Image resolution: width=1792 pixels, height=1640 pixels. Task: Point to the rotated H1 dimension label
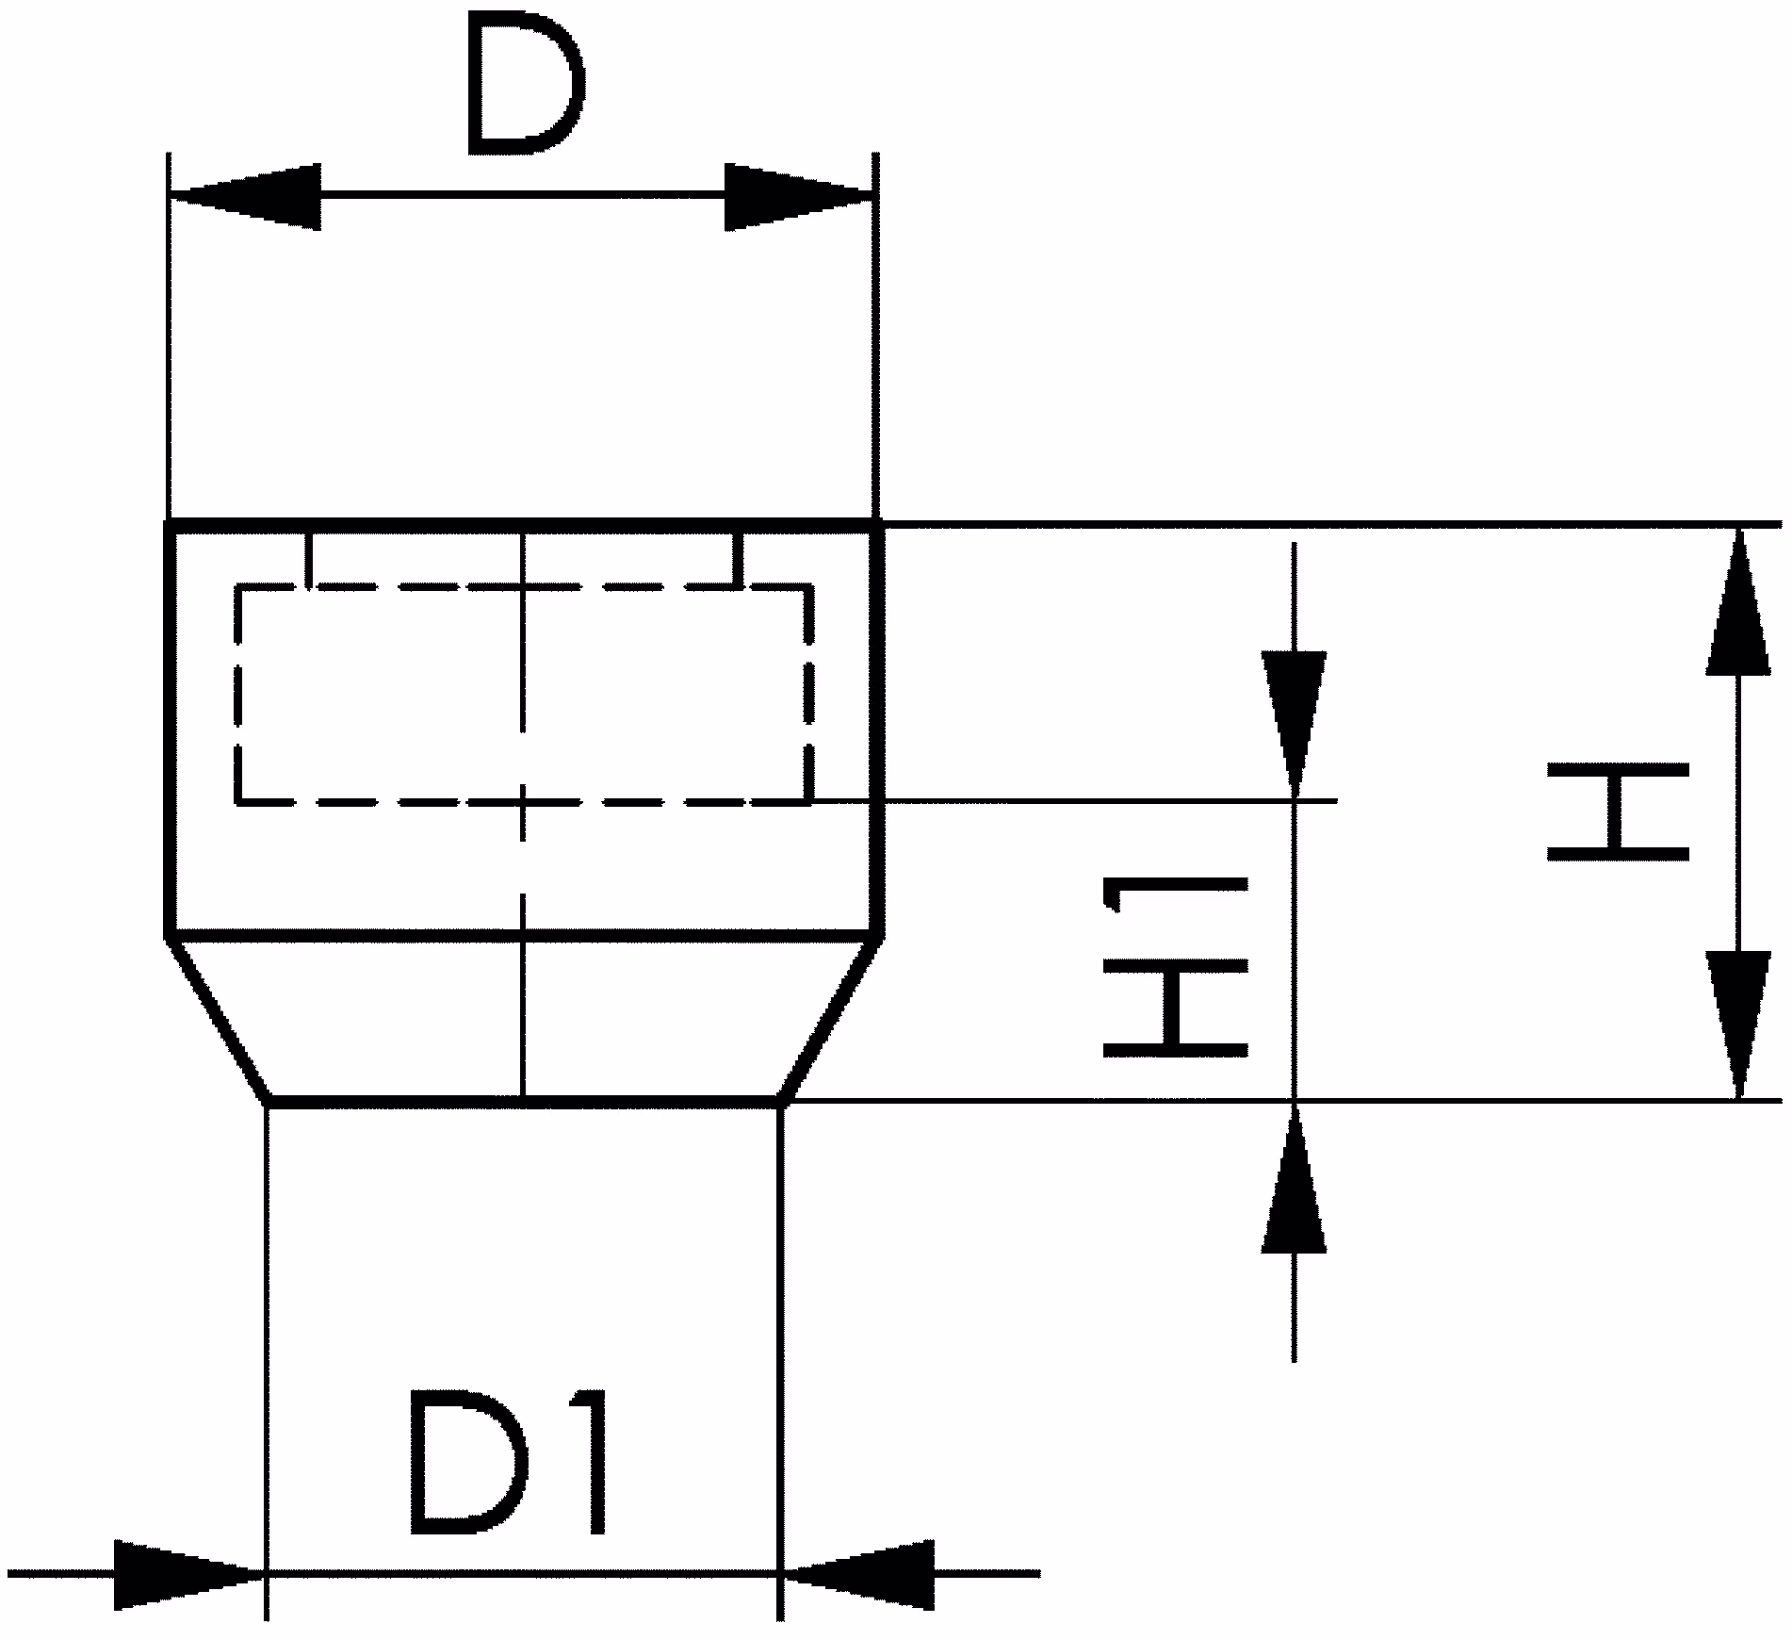pyautogui.click(x=1176, y=966)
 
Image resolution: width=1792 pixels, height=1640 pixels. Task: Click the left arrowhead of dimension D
pyautogui.click(x=245, y=196)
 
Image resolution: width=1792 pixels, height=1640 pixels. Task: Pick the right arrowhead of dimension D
pyautogui.click(x=799, y=196)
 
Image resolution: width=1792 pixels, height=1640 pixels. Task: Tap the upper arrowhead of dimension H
pyautogui.click(x=1738, y=601)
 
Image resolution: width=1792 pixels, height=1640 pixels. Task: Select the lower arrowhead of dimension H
pyautogui.click(x=1738, y=1025)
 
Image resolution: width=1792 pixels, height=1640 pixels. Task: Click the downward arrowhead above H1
pyautogui.click(x=1295, y=725)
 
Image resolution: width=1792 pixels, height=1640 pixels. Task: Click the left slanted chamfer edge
pyautogui.click(x=220, y=1018)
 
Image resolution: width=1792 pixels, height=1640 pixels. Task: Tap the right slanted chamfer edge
pyautogui.click(x=829, y=1018)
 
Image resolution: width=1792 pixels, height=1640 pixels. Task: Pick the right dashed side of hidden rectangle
pyautogui.click(x=808, y=695)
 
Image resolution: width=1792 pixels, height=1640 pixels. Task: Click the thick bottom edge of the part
pyautogui.click(x=524, y=1099)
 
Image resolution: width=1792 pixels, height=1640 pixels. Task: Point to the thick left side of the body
pyautogui.click(x=171, y=728)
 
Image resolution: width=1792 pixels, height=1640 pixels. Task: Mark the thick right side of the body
pyautogui.click(x=879, y=728)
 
